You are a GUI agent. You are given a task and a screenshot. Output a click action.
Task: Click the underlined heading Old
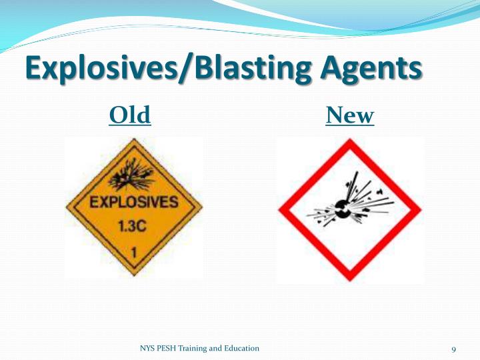click(130, 116)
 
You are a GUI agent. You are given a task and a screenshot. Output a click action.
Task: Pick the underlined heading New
click(350, 116)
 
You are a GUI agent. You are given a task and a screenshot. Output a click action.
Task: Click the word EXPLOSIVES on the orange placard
click(134, 202)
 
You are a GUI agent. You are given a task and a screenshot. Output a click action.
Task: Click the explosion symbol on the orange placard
click(133, 175)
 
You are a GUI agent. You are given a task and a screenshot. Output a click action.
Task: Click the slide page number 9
click(453, 350)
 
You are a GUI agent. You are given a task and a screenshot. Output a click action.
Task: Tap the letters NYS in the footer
click(147, 349)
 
